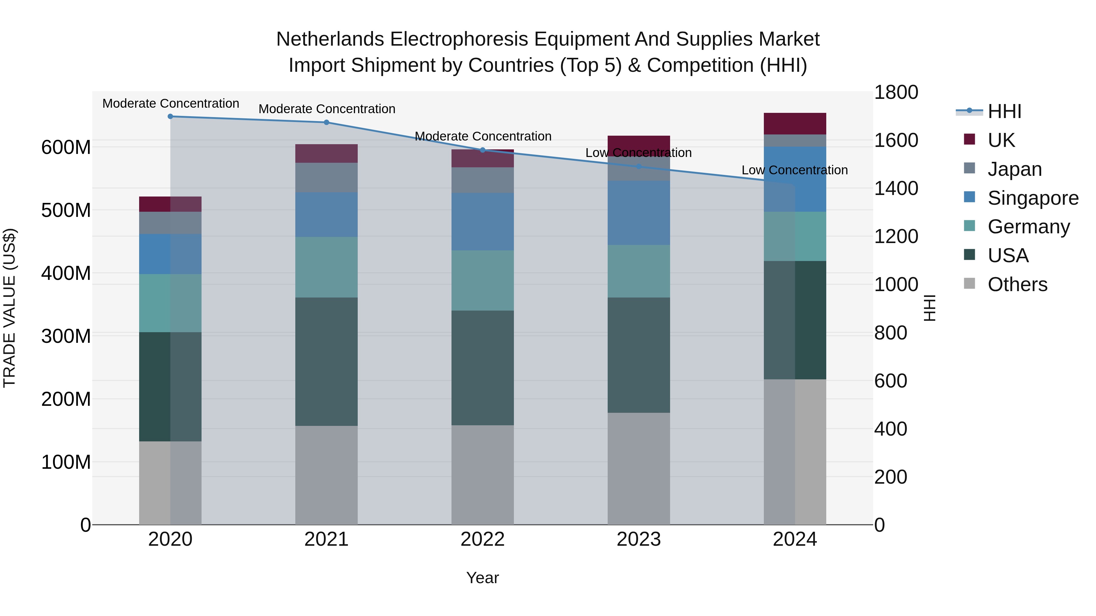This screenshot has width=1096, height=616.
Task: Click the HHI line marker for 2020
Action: [170, 117]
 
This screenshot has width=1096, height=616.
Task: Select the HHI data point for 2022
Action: [483, 150]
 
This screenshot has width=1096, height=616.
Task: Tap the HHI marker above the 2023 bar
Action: [639, 167]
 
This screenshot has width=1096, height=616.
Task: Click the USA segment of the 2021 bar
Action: [326, 361]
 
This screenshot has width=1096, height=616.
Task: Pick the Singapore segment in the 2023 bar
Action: [639, 213]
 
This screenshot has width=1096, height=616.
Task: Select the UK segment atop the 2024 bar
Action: [795, 124]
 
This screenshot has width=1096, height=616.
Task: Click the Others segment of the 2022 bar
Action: [483, 475]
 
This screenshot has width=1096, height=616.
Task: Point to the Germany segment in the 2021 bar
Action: [326, 267]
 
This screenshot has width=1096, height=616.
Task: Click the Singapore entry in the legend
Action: [1033, 198]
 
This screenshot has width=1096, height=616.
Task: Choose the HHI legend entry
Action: [1004, 111]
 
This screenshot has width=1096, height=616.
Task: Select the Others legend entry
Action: [1017, 284]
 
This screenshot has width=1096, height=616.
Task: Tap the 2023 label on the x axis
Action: [639, 539]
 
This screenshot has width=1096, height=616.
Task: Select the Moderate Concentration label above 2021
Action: [327, 109]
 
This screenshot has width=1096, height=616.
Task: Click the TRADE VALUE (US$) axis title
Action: [9, 308]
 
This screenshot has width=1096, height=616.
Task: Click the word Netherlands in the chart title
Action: [331, 39]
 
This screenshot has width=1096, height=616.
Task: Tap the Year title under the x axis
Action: [483, 578]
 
